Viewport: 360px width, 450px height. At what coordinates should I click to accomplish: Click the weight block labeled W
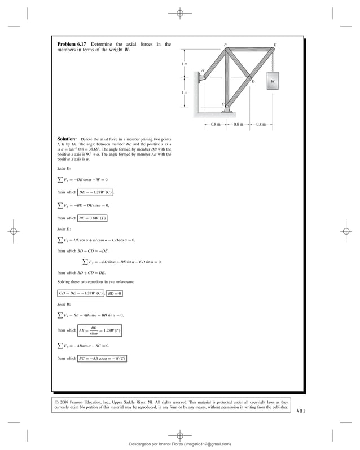273,81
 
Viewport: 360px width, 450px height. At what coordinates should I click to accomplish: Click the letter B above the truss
225,44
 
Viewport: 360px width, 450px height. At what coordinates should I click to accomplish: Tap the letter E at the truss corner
275,44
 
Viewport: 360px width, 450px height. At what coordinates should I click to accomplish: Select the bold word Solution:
67,139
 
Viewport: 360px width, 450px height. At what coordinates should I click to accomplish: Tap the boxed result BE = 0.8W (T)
93,218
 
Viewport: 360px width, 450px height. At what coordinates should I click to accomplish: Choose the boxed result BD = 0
115,294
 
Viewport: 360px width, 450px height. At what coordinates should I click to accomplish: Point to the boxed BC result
102,358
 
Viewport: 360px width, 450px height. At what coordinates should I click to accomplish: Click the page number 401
301,411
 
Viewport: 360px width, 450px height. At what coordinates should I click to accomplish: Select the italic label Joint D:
65,230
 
